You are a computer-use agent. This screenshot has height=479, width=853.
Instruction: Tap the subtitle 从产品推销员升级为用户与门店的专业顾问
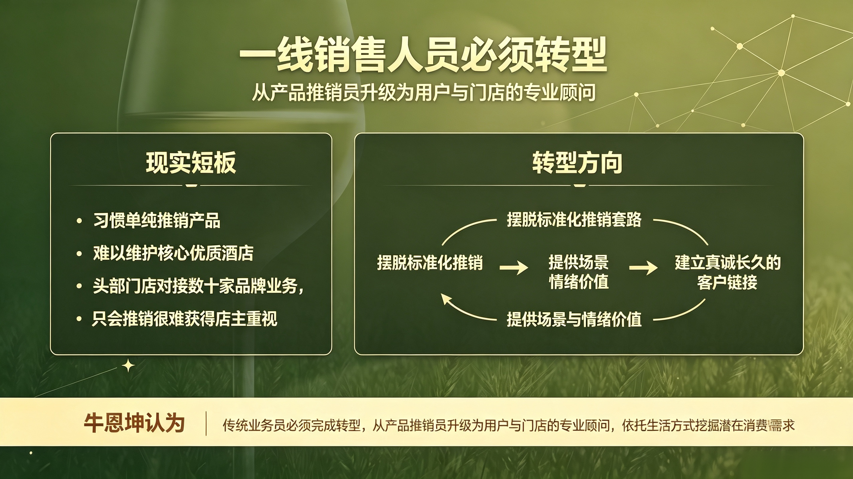[424, 92]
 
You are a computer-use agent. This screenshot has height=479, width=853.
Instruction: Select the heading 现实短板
[191, 163]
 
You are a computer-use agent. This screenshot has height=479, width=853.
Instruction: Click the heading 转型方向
[577, 163]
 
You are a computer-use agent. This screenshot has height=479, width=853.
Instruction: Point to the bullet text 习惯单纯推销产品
[157, 220]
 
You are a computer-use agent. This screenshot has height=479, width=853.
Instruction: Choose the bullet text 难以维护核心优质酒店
[173, 253]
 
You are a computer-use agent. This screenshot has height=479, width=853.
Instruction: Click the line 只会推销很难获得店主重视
[185, 319]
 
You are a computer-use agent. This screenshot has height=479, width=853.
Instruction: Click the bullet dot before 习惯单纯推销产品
[79, 221]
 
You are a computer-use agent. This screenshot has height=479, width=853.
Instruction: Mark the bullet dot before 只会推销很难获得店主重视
[79, 319]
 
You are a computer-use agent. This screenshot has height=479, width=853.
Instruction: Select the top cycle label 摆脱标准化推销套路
[574, 219]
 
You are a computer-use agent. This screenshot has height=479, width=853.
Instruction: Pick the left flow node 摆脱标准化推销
[430, 263]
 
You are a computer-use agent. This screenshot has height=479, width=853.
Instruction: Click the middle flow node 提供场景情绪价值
[578, 272]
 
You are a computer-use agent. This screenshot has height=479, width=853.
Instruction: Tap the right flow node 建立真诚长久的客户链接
[728, 272]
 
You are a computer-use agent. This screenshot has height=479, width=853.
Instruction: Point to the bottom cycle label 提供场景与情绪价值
[574, 319]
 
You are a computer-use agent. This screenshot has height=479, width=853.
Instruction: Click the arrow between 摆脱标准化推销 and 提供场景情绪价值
[514, 267]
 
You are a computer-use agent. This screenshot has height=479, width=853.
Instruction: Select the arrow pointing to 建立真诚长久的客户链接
[643, 267]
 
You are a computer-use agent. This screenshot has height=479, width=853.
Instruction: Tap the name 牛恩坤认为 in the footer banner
[134, 423]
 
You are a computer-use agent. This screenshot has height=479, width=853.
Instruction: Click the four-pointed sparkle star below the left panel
[128, 366]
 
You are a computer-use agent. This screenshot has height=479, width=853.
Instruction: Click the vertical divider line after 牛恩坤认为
[206, 423]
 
